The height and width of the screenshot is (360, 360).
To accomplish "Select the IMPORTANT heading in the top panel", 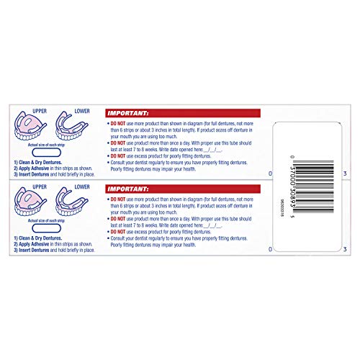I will coord(127,113).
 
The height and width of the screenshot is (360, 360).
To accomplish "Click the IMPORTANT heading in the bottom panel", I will coord(127,189).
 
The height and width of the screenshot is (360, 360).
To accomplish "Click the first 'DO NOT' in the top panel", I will coord(120,123).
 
